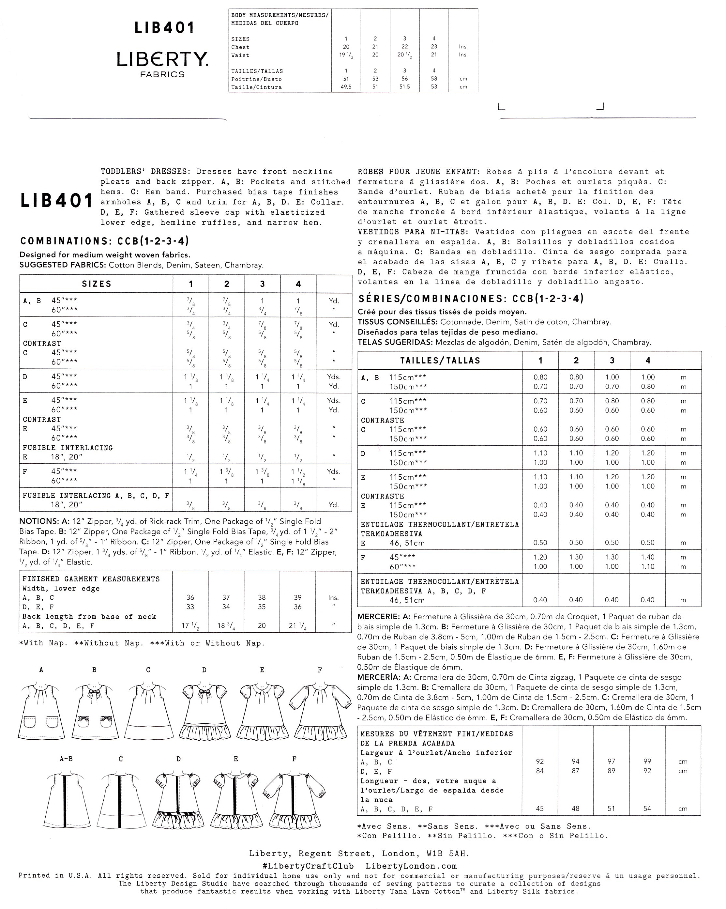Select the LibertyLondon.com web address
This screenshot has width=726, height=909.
tap(411, 866)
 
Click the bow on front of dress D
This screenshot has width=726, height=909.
tap(205, 693)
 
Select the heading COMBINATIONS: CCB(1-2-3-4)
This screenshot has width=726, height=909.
tap(104, 241)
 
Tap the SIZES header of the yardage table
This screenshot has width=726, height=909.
tap(97, 284)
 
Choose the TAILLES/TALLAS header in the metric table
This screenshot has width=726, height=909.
tap(440, 361)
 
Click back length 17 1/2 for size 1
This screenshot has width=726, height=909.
tap(190, 626)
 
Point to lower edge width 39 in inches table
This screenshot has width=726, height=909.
tap(298, 597)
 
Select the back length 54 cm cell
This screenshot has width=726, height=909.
tap(647, 809)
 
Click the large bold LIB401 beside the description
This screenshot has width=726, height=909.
tap(57, 201)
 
